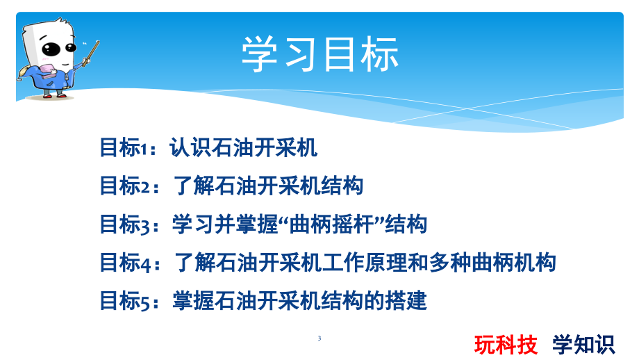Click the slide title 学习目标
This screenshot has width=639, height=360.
pos(320,54)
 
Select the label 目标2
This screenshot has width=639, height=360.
pos(126,186)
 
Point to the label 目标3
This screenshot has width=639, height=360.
pos(126,224)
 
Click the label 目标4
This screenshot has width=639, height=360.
pos(126,263)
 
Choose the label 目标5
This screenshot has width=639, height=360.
pos(126,301)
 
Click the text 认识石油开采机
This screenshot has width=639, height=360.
pos(243,147)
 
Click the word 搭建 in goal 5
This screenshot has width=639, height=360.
pos(406,301)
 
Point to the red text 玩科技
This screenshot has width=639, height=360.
pos(506,345)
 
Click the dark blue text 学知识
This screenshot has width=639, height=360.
pos(583,345)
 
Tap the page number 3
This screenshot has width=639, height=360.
pos(319,338)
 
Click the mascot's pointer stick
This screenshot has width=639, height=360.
pos(91,54)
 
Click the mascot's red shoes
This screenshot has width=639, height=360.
pos(55,96)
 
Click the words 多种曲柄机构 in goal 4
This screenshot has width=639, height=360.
pos(492,263)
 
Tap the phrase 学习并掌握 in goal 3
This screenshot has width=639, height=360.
pos(225,224)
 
